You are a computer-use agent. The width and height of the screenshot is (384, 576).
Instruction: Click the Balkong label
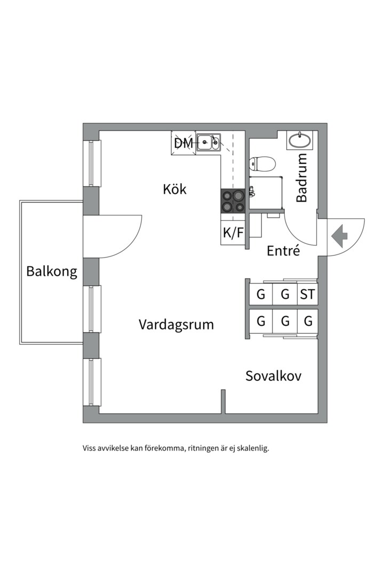click(52, 271)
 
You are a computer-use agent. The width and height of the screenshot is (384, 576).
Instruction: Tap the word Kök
click(175, 189)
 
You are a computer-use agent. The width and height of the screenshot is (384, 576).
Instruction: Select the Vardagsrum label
click(176, 324)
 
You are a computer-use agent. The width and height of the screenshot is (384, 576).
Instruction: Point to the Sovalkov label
click(273, 376)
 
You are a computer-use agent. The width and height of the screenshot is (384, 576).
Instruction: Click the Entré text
click(283, 251)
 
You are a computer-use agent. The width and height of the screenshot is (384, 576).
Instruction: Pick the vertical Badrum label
click(302, 178)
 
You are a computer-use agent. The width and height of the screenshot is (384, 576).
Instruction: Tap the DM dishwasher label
click(183, 143)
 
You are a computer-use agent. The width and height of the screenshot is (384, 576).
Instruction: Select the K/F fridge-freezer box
click(233, 233)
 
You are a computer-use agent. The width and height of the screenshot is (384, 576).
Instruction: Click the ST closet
click(307, 294)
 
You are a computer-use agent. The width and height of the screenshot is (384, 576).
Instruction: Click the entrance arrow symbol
click(339, 235)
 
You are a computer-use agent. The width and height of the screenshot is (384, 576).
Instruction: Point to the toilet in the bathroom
click(262, 163)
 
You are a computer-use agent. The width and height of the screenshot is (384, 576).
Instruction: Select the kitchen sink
click(208, 142)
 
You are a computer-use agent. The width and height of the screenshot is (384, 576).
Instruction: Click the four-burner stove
click(233, 201)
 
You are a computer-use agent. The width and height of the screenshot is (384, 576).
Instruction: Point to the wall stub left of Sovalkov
click(223, 401)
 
